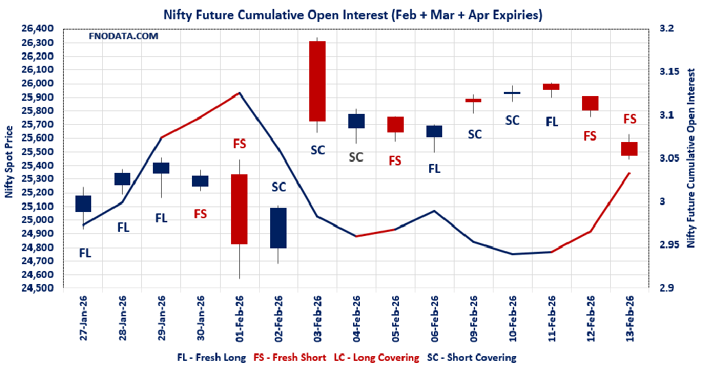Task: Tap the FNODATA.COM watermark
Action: tap(123, 36)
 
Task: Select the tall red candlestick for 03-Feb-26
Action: tap(317, 81)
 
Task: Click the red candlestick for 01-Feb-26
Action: tap(239, 209)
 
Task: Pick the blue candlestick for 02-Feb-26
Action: tap(278, 228)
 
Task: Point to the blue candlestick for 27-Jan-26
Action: tap(83, 204)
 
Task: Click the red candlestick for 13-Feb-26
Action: tap(629, 149)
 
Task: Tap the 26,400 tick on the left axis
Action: tap(37, 29)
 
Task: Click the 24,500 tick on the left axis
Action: tap(37, 288)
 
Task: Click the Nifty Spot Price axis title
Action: tap(9, 161)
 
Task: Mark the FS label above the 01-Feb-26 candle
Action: tap(239, 144)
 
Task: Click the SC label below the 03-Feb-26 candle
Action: tap(317, 150)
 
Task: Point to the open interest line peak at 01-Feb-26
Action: tap(239, 93)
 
